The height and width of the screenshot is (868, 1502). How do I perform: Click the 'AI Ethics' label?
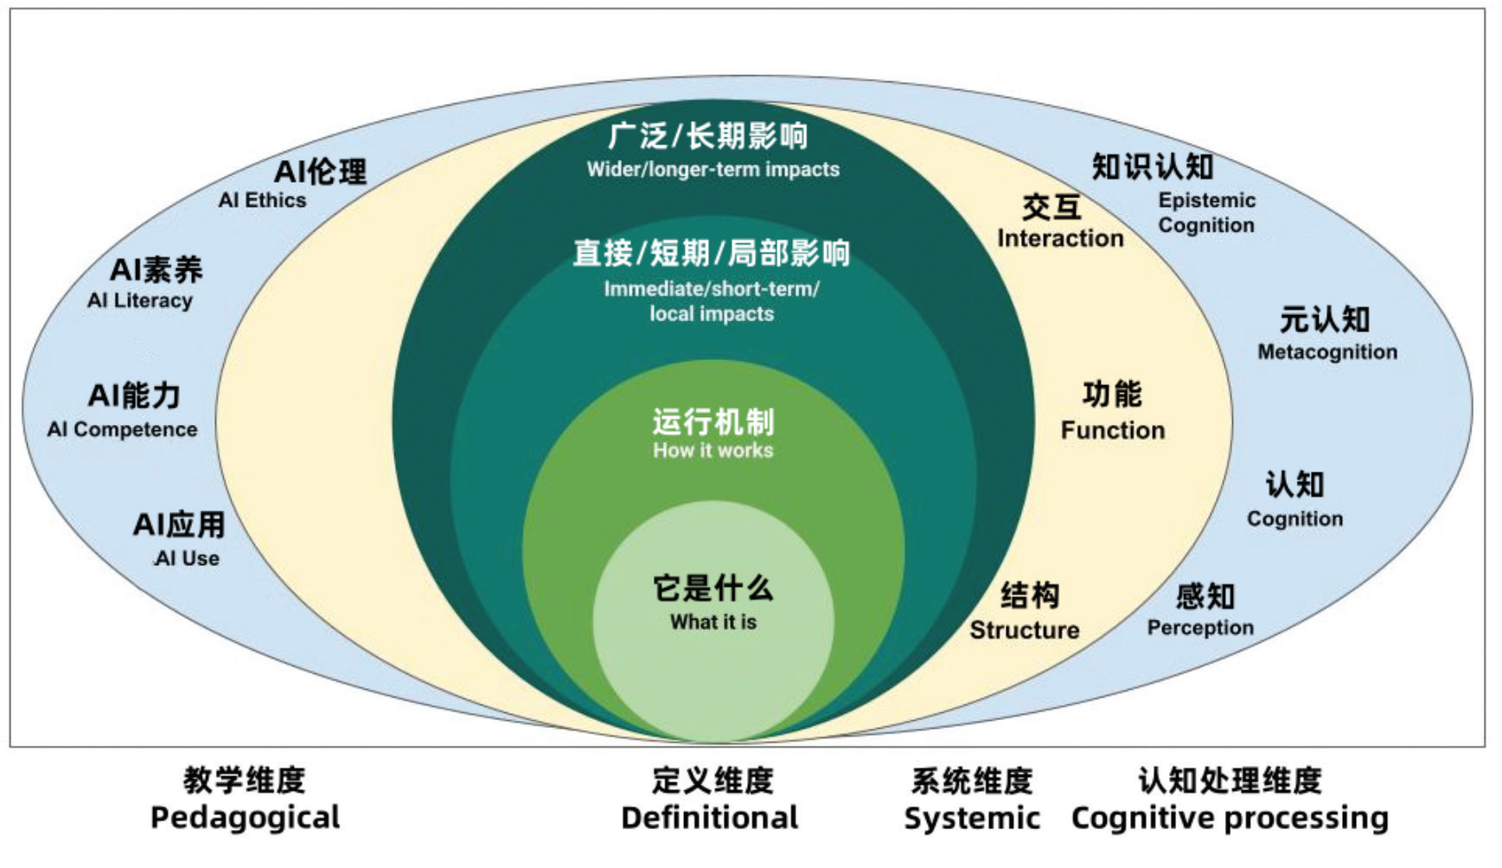(x=262, y=201)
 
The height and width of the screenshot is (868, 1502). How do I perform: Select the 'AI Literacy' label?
(x=139, y=301)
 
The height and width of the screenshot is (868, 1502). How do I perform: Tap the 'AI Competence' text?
(x=122, y=429)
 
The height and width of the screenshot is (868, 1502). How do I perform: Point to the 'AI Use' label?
(x=188, y=559)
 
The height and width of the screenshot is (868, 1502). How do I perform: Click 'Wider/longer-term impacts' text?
(x=713, y=170)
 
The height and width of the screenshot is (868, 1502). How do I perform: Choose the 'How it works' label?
(x=713, y=451)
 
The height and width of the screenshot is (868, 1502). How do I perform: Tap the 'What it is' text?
(x=713, y=622)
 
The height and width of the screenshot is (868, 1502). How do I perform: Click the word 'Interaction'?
(x=1060, y=239)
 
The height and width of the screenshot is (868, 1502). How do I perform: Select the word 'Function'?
(x=1112, y=430)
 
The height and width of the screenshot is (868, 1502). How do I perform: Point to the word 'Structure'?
(x=1024, y=630)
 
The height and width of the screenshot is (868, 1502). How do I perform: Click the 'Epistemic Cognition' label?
(x=1205, y=213)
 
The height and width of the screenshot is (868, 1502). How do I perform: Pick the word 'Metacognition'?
(x=1326, y=352)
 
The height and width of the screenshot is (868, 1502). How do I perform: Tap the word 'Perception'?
(x=1199, y=628)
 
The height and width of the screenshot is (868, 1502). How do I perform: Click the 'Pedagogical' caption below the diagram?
(x=245, y=818)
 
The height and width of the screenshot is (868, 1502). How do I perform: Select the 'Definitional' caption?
(x=709, y=818)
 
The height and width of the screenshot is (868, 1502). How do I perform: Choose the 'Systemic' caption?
(x=971, y=818)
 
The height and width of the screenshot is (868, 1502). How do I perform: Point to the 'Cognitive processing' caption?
(x=1229, y=818)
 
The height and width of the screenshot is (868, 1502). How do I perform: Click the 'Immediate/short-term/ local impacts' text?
(x=712, y=301)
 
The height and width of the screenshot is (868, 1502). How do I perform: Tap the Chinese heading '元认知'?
(x=1325, y=319)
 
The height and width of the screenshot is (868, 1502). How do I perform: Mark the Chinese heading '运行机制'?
(x=713, y=421)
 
